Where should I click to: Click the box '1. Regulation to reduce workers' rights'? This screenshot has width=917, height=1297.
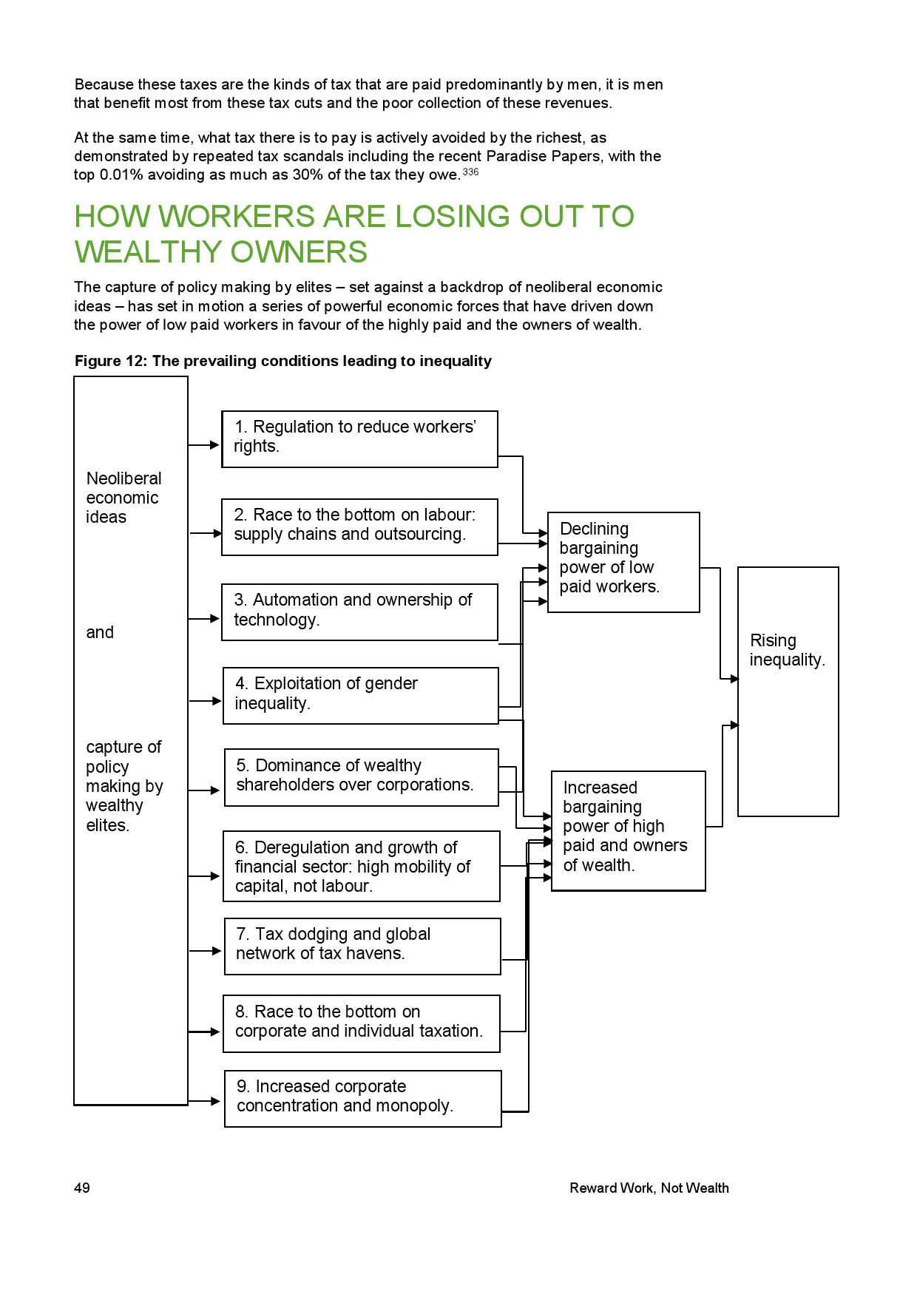[x=359, y=438]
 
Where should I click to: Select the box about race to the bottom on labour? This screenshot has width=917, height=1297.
[x=359, y=526]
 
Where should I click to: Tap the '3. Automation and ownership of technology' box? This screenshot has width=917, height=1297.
[x=359, y=612]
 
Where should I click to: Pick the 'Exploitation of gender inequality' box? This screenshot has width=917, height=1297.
[x=360, y=695]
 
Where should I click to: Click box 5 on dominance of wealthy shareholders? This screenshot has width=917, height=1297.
[x=361, y=776]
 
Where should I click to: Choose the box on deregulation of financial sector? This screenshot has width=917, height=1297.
[x=361, y=866]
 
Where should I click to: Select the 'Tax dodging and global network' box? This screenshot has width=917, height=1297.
[x=362, y=946]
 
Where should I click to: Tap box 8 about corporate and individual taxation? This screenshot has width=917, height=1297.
[x=361, y=1023]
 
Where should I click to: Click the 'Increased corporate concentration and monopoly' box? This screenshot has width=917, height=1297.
[x=362, y=1098]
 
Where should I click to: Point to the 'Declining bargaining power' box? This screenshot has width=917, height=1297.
[x=623, y=561]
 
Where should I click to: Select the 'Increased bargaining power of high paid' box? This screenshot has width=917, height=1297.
[x=628, y=830]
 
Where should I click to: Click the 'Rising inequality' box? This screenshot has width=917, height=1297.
[x=788, y=691]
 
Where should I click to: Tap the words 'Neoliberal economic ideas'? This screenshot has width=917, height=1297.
[x=123, y=498]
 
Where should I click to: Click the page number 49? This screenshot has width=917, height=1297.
[x=82, y=1188]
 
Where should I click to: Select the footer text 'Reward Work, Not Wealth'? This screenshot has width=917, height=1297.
[x=649, y=1188]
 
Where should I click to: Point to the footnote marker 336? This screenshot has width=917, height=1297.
[x=470, y=172]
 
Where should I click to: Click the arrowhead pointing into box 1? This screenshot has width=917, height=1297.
[x=214, y=445]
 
